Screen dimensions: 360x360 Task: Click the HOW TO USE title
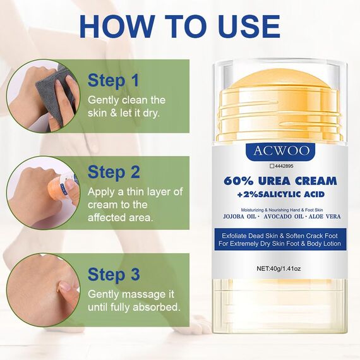coord(180,27)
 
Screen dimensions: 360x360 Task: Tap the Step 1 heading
coord(113,81)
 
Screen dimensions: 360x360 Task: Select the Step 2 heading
coord(114,172)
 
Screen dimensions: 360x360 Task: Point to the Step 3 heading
coord(114,274)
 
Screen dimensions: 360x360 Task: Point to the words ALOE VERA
coord(324,216)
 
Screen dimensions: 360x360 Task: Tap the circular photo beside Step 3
coord(43,290)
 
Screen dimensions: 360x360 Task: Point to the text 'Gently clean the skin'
coord(126,100)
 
